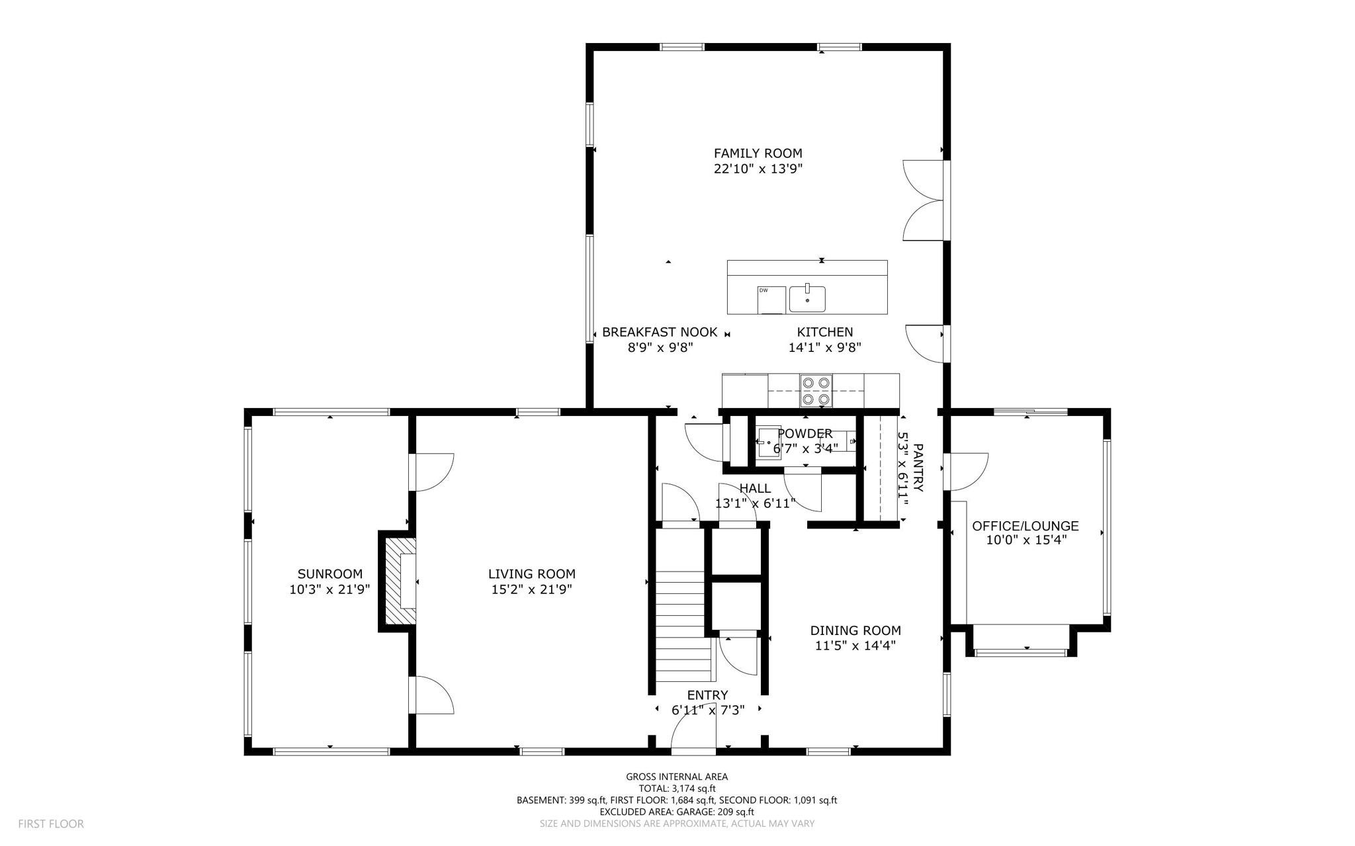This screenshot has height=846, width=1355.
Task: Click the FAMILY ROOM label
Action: (758, 153)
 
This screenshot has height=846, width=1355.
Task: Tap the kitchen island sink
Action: (807, 299)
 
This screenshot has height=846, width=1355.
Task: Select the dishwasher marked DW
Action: (771, 300)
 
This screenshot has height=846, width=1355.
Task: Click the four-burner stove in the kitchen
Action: (816, 390)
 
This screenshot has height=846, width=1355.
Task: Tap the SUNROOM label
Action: (329, 574)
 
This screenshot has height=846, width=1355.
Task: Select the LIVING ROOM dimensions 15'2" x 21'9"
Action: (531, 589)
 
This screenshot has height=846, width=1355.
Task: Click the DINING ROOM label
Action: (855, 630)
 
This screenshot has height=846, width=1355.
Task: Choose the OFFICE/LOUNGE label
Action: (1025, 526)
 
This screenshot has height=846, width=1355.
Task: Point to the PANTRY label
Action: (918, 468)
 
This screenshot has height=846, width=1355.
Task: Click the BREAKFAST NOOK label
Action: (660, 332)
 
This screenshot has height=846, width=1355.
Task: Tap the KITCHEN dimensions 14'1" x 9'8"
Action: (824, 347)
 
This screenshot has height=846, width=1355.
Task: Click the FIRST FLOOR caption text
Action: (51, 824)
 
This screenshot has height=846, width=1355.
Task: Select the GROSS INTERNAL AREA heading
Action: (677, 777)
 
